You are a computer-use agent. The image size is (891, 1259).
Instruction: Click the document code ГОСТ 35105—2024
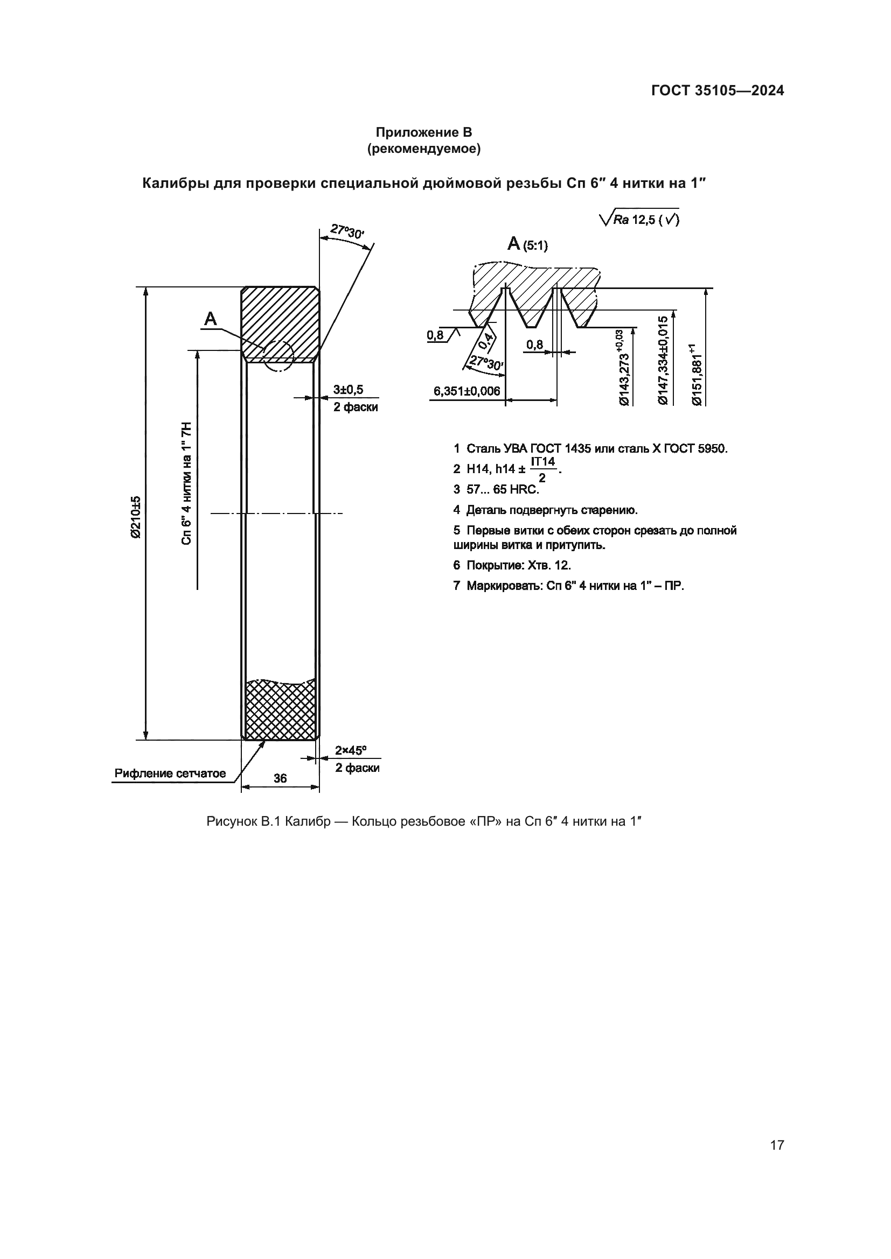pyautogui.click(x=718, y=91)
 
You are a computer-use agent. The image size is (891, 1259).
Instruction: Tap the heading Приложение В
pyautogui.click(x=423, y=132)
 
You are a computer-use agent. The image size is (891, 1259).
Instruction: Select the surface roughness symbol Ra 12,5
pyautogui.click(x=640, y=220)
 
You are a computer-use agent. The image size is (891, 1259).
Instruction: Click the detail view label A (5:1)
pyautogui.click(x=527, y=244)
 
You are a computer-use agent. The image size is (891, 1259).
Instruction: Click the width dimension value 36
pyautogui.click(x=280, y=778)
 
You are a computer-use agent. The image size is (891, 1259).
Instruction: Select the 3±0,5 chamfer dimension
pyautogui.click(x=349, y=390)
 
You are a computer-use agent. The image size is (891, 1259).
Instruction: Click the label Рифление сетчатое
pyautogui.click(x=170, y=773)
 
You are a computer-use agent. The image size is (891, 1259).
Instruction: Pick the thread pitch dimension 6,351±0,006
pyautogui.click(x=467, y=391)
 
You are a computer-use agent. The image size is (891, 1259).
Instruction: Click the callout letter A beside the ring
pyautogui.click(x=211, y=319)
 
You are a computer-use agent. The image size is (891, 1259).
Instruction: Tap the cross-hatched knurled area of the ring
pyautogui.click(x=280, y=710)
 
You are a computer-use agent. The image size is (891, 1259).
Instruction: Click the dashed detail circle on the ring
pyautogui.click(x=279, y=356)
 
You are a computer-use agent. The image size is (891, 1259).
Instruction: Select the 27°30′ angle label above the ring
pyautogui.click(x=347, y=232)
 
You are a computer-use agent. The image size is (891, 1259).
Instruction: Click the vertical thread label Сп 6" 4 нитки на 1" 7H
pyautogui.click(x=187, y=483)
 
